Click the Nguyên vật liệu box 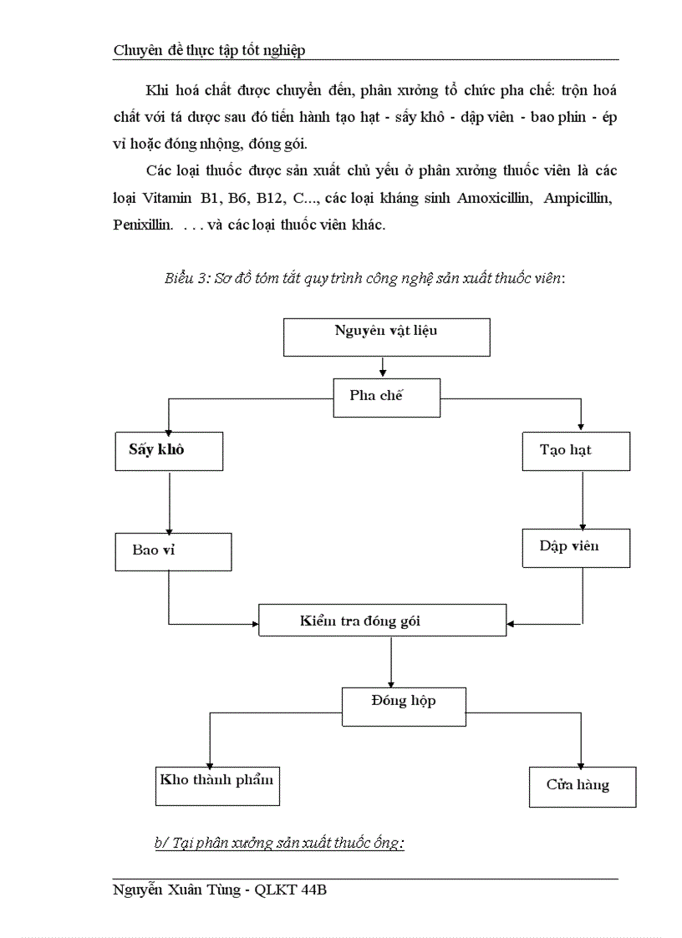point(386,337)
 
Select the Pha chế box point(386,397)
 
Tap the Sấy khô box point(170,451)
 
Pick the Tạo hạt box point(576,451)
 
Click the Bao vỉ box point(172,551)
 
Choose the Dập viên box point(576,548)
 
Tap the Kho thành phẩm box point(217,784)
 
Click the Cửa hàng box point(582,786)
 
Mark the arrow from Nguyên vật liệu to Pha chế point(382,367)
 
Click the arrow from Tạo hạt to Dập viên point(582,499)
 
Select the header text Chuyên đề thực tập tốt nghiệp point(209,50)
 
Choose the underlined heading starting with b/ point(279,844)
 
